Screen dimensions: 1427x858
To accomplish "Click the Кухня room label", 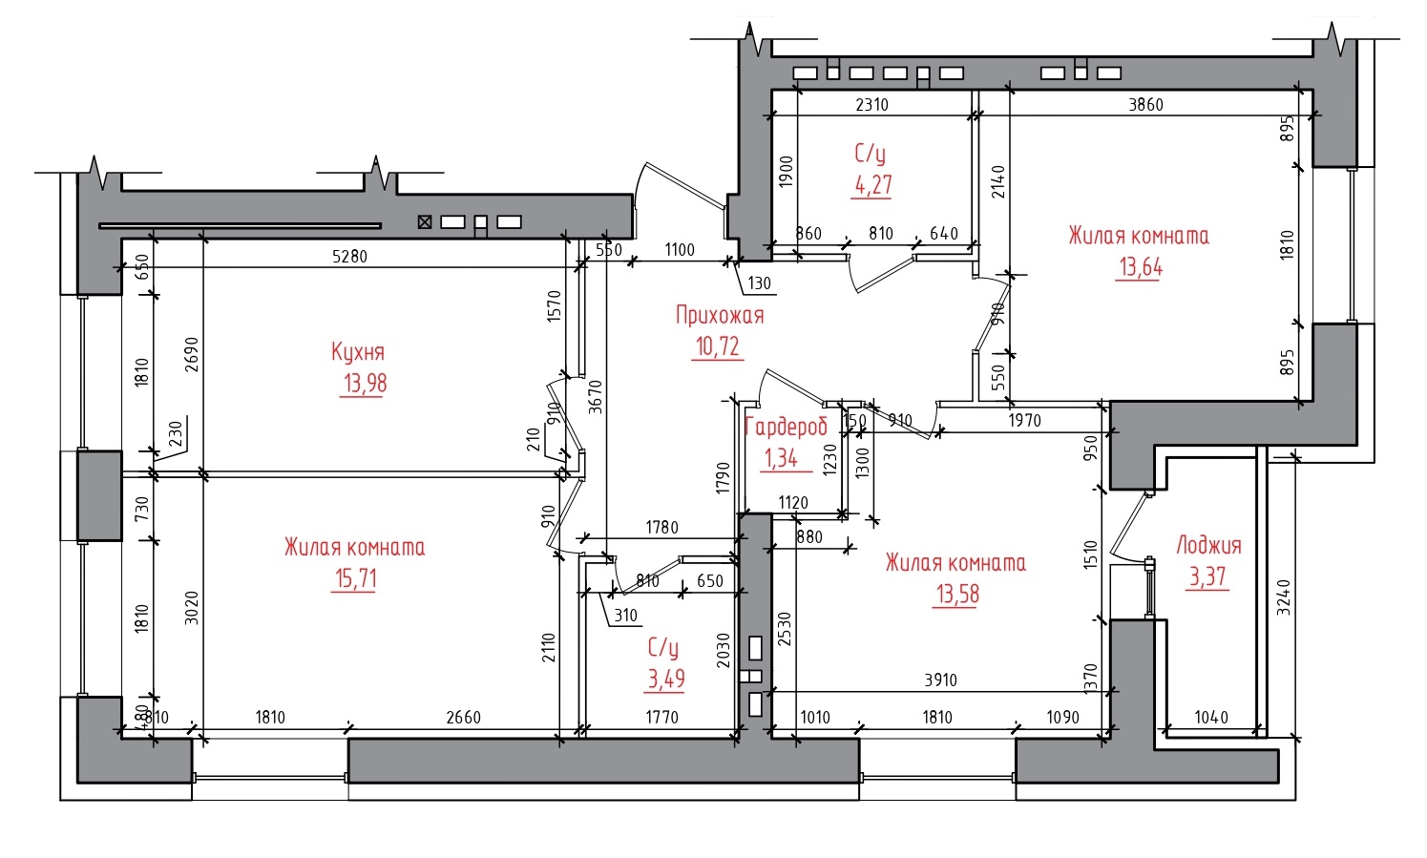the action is [x=357, y=352].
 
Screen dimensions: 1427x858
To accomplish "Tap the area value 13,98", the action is [x=365, y=384].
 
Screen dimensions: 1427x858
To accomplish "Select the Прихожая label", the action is [x=720, y=315].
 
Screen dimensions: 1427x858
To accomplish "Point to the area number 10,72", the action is [x=718, y=346].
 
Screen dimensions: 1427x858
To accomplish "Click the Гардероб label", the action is [x=786, y=427].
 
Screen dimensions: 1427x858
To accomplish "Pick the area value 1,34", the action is [x=781, y=458].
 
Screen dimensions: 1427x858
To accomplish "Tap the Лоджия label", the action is [x=1208, y=546].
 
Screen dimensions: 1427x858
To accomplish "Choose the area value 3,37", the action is [x=1207, y=577].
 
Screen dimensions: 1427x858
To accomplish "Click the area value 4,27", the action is [x=872, y=185].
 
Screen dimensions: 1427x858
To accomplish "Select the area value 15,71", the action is [x=355, y=578].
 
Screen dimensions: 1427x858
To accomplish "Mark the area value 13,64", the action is [x=1141, y=267].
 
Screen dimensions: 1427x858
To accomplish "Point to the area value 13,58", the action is [x=957, y=595].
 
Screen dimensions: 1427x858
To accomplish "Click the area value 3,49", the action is [x=666, y=679].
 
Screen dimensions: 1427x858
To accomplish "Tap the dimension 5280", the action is [x=349, y=257].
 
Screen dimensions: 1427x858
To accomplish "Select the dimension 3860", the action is [x=1145, y=104].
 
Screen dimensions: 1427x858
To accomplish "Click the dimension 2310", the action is [x=871, y=104].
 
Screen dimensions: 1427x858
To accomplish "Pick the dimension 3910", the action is [x=940, y=680].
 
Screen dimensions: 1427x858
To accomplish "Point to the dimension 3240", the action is [x=1284, y=596].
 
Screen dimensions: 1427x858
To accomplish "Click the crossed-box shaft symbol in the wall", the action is [x=425, y=221].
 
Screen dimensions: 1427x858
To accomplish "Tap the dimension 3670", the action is [x=595, y=397].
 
